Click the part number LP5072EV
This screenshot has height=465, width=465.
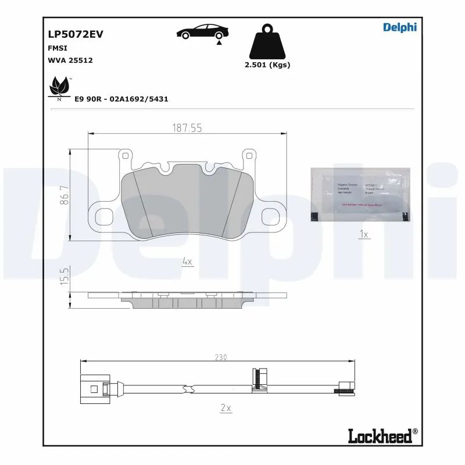click(x=75, y=34)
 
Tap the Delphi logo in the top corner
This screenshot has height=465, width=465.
click(x=400, y=27)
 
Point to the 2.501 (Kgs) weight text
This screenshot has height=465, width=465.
click(x=267, y=65)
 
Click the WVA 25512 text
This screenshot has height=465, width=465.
click(x=70, y=60)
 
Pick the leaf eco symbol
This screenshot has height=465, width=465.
click(x=59, y=88)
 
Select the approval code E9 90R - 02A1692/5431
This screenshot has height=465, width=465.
click(x=121, y=99)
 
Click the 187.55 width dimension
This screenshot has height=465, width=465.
click(x=187, y=128)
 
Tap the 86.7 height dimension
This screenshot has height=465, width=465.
click(x=66, y=195)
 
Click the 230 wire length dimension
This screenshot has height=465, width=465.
click(x=220, y=357)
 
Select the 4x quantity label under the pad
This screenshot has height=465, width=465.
click(x=187, y=262)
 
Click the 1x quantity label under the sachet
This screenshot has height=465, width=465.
click(x=364, y=234)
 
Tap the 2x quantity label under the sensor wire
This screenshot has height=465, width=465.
click(x=226, y=408)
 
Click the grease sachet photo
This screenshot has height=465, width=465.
click(x=360, y=195)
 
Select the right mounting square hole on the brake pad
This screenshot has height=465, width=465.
click(x=272, y=216)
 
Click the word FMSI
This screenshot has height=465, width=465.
click(x=57, y=48)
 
